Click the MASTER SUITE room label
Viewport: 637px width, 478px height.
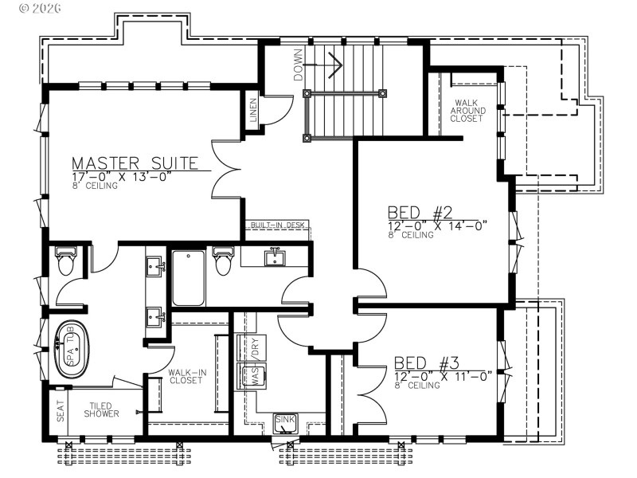pos(135,163)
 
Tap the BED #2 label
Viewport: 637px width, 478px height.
pos(420,213)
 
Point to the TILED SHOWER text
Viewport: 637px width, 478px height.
pos(104,409)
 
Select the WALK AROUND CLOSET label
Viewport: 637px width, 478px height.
pos(467,111)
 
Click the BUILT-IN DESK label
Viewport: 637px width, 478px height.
pos(277,225)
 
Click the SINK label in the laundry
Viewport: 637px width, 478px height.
pos(284,420)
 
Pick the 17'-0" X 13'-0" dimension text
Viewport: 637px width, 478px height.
pos(122,177)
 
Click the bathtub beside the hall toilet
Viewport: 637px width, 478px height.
pos(189,278)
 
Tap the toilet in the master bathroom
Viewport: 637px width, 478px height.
pos(66,262)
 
